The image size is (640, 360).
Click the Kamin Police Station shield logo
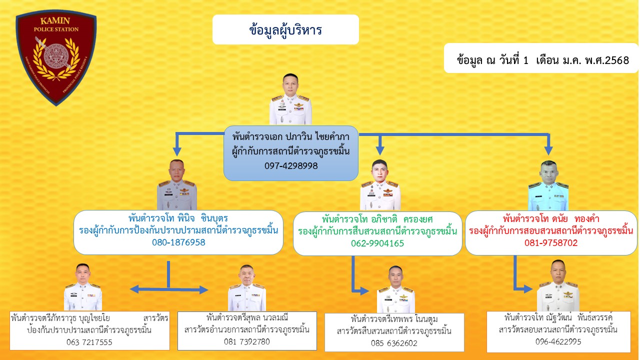click(x=56, y=57)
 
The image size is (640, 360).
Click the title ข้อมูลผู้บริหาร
click(x=285, y=30)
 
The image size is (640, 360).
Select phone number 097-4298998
click(x=291, y=165)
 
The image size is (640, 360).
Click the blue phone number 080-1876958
click(x=178, y=242)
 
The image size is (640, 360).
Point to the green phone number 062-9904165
click(x=377, y=243)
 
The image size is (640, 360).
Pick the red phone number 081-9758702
click(x=551, y=243)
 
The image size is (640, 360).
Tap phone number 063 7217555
click(x=89, y=342)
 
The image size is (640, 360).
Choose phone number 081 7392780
click(x=247, y=341)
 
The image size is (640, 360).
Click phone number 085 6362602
click(x=394, y=343)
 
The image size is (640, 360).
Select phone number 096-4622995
click(x=558, y=341)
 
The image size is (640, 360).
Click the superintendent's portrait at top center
click(x=290, y=99)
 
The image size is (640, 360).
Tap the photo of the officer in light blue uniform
click(x=548, y=185)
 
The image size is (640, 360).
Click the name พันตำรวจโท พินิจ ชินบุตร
click(x=178, y=218)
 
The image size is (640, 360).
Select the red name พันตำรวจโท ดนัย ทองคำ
click(x=551, y=219)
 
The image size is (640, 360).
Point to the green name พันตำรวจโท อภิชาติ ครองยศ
click(x=377, y=219)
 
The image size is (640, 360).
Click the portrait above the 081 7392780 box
click(x=247, y=287)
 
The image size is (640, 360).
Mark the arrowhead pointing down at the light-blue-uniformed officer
click(x=548, y=150)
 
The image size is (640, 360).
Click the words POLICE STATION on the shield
click(x=56, y=29)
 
